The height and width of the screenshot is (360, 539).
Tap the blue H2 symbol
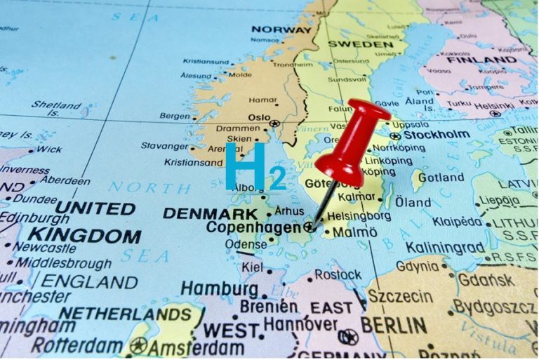click(254, 166)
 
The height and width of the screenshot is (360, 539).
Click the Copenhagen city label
click(253, 227)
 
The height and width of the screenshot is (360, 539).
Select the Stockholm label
click(435, 135)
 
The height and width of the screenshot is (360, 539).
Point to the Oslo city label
click(259, 118)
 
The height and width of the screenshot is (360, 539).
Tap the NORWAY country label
click(280, 29)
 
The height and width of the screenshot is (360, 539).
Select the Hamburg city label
click(219, 288)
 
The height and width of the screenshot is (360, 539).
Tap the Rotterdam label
click(76, 345)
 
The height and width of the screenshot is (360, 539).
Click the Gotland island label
click(441, 178)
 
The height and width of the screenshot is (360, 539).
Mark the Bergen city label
click(175, 116)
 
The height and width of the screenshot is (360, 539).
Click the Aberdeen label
click(64, 181)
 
